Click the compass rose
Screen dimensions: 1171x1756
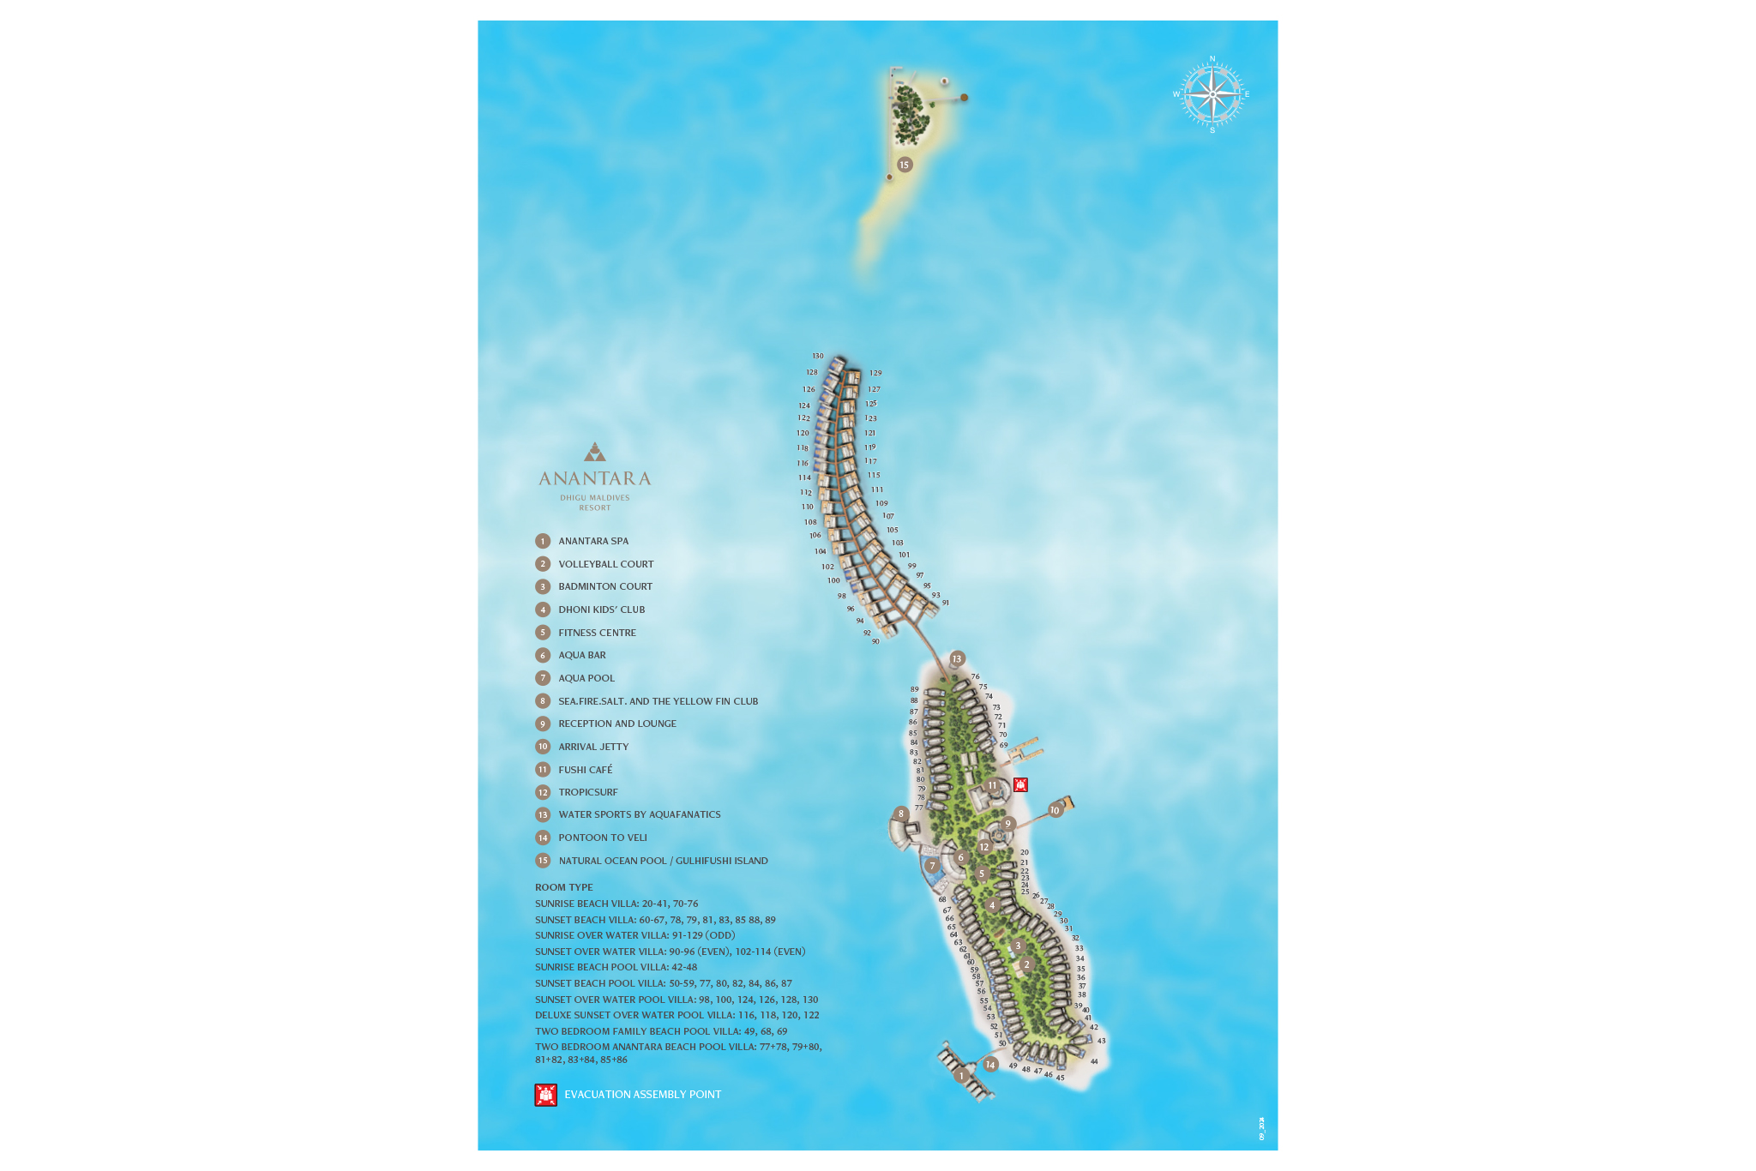(x=1212, y=94)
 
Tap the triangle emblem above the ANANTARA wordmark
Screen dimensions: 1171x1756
(x=595, y=452)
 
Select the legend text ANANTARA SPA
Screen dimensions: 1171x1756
(x=593, y=541)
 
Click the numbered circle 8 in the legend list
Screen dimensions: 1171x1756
(x=543, y=701)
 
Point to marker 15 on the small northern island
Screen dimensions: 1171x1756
(x=904, y=165)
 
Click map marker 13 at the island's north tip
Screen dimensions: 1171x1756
(x=957, y=659)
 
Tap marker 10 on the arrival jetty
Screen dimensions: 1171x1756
(x=1055, y=810)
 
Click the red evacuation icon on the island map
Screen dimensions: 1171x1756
(x=1020, y=784)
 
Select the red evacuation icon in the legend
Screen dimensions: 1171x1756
(x=546, y=1095)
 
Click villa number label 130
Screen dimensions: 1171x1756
(x=818, y=356)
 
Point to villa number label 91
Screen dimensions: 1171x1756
(x=946, y=603)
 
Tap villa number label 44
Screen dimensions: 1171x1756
(x=1094, y=1061)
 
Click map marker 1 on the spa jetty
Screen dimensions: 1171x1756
(x=962, y=1076)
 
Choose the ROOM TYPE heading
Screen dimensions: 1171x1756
(x=564, y=887)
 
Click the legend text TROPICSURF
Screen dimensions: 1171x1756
(x=588, y=792)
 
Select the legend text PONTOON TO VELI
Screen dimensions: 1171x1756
(x=603, y=838)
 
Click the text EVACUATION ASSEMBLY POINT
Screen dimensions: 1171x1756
(x=642, y=1095)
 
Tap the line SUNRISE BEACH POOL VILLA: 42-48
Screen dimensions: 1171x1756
(x=616, y=967)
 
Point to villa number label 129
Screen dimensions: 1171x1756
(x=875, y=373)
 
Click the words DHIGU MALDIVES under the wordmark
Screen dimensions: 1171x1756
(x=595, y=498)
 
